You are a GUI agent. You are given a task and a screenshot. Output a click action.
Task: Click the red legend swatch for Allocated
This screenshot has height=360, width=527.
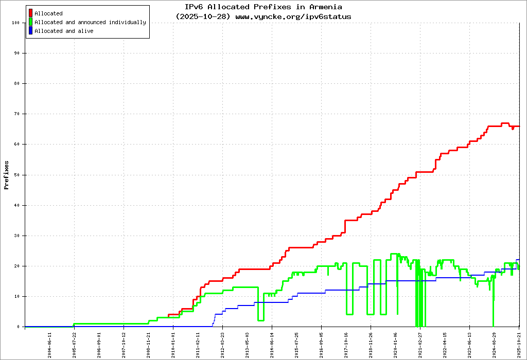click(x=31, y=13)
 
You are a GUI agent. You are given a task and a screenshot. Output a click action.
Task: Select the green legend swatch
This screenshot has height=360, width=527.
click(x=31, y=22)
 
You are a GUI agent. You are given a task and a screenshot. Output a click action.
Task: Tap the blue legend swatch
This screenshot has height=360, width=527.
click(x=31, y=31)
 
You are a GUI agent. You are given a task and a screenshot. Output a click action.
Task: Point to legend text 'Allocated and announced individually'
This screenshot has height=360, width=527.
click(x=90, y=22)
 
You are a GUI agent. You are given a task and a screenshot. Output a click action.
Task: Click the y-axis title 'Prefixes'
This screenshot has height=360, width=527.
click(x=7, y=175)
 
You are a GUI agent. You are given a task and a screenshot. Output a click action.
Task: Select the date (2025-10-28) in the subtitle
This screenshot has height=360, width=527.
click(x=204, y=16)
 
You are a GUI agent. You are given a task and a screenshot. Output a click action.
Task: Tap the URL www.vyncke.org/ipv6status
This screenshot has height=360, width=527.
click(x=293, y=16)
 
